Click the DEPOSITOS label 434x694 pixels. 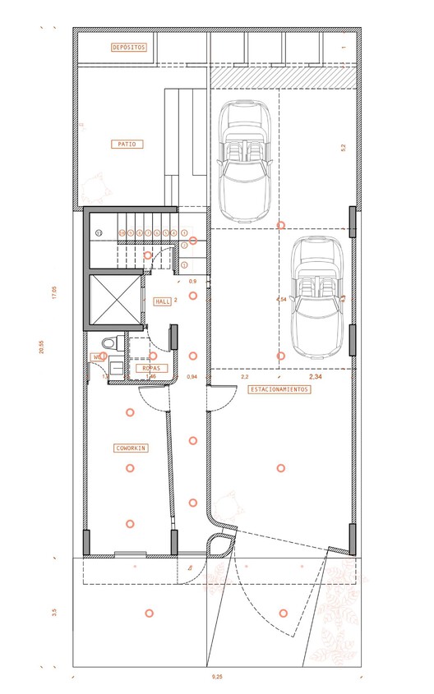point(129,48)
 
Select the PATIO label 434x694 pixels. point(127,144)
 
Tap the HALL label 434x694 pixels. point(162,301)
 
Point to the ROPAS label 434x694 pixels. point(150,368)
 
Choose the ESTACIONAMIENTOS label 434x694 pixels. point(279,390)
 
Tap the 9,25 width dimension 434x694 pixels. point(217,677)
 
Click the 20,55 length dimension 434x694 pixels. point(39,347)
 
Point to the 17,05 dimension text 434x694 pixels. point(55,294)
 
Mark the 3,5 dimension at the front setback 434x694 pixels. point(55,612)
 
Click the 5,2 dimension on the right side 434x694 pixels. point(343,148)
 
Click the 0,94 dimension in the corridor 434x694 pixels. point(192,376)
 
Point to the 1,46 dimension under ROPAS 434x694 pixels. point(150,377)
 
